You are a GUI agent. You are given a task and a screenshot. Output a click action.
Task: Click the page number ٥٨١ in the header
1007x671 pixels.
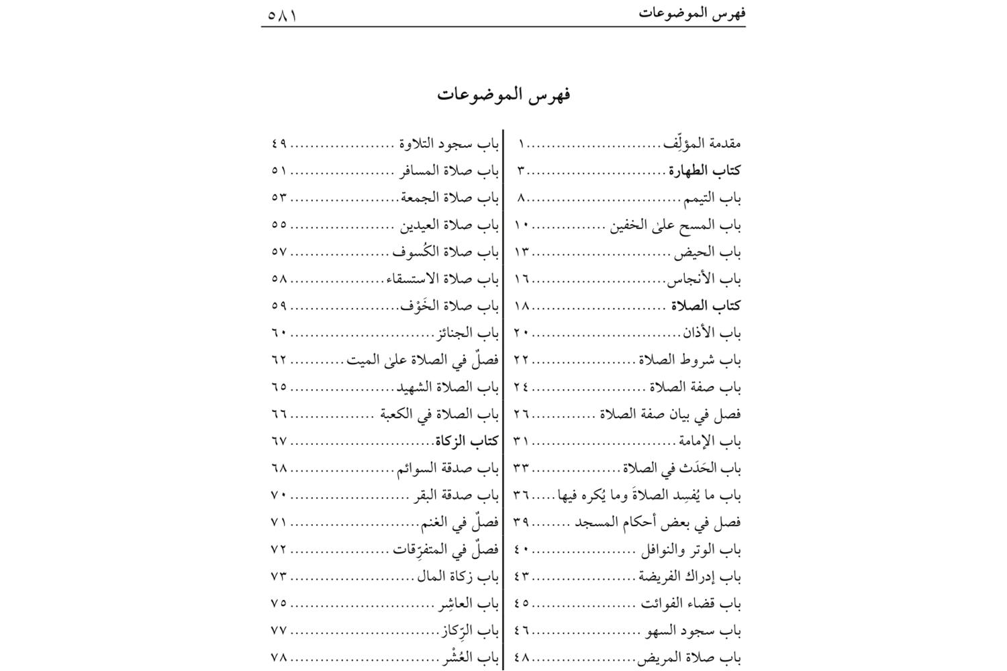(x=282, y=13)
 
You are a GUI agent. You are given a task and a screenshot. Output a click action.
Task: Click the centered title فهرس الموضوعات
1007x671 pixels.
(x=503, y=95)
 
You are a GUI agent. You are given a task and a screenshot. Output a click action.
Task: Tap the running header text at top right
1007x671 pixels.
(x=692, y=13)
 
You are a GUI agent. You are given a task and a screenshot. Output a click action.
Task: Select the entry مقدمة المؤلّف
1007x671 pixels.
(x=702, y=143)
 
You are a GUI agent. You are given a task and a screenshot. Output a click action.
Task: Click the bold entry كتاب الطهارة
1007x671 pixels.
(x=704, y=170)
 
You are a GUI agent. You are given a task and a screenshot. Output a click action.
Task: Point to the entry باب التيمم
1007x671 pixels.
(x=712, y=198)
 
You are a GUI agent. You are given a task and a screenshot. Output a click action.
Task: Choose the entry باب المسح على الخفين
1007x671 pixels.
(x=675, y=225)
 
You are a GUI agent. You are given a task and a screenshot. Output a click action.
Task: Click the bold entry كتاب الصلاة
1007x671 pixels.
(x=706, y=306)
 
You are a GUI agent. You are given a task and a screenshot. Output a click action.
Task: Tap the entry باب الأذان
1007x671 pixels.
(x=712, y=333)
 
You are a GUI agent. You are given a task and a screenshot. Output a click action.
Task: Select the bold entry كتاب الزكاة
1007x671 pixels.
(x=467, y=441)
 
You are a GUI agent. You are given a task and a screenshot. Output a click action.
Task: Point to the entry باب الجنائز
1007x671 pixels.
(x=469, y=333)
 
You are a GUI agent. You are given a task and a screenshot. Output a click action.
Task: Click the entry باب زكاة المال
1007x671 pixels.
(x=458, y=576)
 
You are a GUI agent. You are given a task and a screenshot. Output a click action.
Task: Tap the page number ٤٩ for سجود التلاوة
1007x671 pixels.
(x=279, y=144)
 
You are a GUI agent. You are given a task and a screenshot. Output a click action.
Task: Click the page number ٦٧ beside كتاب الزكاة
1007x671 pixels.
(x=279, y=442)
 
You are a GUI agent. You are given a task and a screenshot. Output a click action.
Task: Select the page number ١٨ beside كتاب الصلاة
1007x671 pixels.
(x=522, y=306)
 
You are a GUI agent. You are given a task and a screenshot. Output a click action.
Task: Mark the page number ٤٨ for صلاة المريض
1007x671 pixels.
(x=522, y=658)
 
